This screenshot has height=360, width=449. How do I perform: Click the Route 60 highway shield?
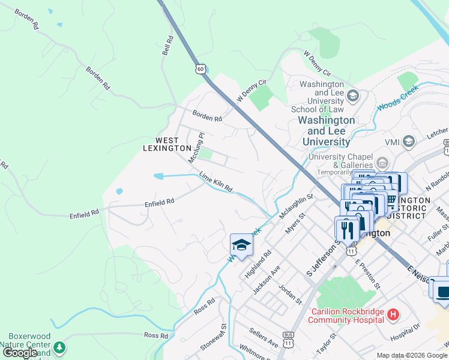point(200,68)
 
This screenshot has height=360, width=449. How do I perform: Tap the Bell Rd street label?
point(168,46)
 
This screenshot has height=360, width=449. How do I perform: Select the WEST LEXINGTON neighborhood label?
point(167,144)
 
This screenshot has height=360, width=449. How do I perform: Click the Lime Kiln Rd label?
point(215,182)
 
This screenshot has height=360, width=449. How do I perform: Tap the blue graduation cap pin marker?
point(241,245)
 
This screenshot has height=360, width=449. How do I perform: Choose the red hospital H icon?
point(393,314)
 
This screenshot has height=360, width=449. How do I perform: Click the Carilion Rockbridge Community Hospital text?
point(345,316)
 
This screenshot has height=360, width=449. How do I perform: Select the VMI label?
point(392,142)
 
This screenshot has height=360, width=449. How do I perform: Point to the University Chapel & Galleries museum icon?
point(382,163)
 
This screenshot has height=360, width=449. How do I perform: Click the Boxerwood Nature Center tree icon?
point(59,347)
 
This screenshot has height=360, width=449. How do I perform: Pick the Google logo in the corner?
point(20,353)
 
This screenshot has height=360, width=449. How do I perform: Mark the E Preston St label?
point(367,273)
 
